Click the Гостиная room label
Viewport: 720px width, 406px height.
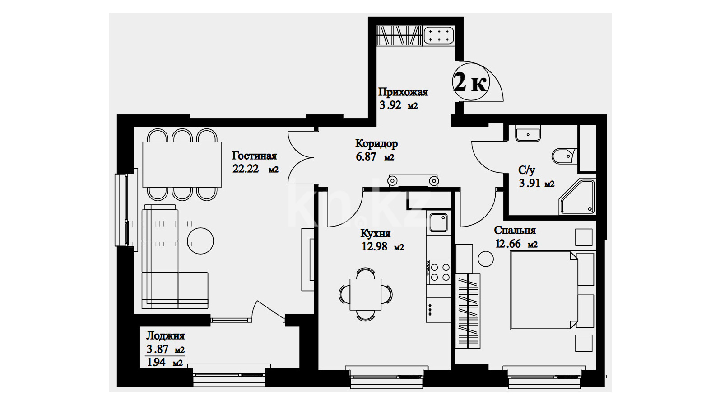(x=254, y=156)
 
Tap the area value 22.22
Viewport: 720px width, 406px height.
(x=246, y=169)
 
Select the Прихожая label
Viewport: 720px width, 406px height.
(x=403, y=92)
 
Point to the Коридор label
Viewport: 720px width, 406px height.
(x=376, y=144)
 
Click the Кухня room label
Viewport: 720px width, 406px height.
(x=376, y=233)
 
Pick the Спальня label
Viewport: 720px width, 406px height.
(x=515, y=231)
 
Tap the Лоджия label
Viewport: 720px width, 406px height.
(x=165, y=336)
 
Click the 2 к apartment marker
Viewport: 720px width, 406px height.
(x=470, y=83)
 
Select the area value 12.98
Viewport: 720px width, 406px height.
(x=375, y=246)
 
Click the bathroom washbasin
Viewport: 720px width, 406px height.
(x=528, y=133)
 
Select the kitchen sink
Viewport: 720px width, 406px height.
(x=438, y=222)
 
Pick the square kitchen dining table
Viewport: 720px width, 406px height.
(x=366, y=294)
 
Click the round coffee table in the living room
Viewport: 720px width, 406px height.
(x=200, y=241)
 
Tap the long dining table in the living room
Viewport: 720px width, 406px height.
(x=182, y=165)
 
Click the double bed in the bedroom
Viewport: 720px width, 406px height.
(x=552, y=291)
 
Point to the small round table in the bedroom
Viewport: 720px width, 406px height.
(x=486, y=259)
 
